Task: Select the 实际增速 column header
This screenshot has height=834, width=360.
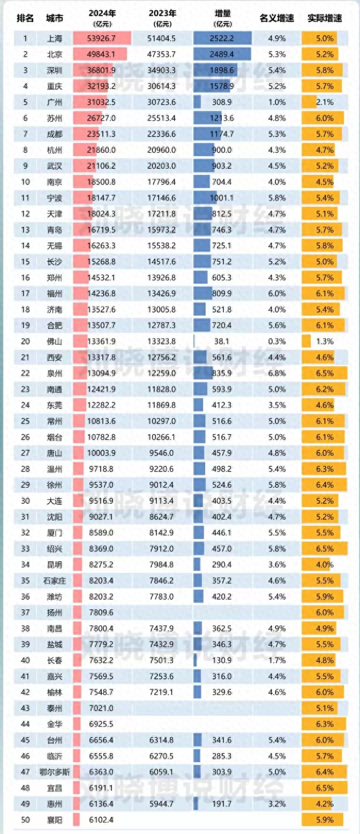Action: tap(325, 18)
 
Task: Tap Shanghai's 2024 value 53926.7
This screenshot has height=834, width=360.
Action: tap(101, 39)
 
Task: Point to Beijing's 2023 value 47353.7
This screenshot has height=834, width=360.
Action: tap(162, 54)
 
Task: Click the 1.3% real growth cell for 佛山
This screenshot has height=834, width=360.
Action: tap(325, 341)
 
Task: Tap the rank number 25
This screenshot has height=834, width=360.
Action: tap(25, 420)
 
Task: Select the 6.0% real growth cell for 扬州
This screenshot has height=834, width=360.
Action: tap(325, 612)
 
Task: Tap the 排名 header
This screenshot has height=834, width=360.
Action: tap(25, 18)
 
